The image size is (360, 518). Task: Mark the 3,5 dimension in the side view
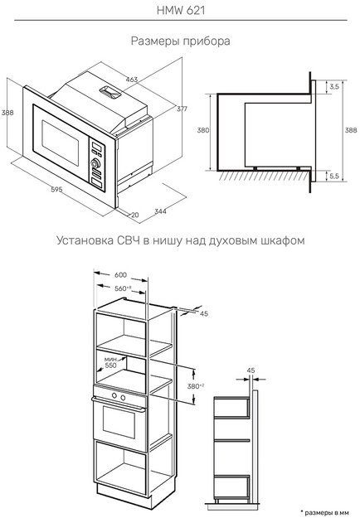click(x=333, y=86)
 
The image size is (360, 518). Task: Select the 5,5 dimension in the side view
click(x=333, y=177)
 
